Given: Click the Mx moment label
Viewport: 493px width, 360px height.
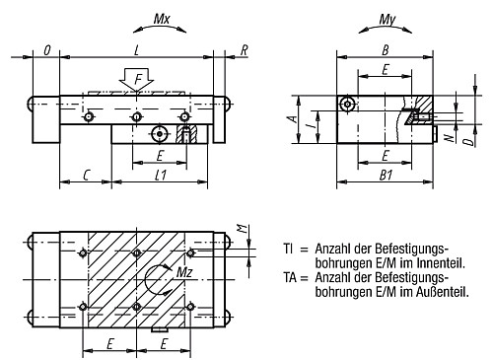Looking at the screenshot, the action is pos(162,19).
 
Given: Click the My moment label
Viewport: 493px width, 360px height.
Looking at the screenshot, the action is pos(387,20).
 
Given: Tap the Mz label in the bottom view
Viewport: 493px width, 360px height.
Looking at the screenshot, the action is pos(184,272).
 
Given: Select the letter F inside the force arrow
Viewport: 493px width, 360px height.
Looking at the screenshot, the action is pos(139,80).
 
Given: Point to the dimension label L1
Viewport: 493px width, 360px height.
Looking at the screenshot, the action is pos(161,176).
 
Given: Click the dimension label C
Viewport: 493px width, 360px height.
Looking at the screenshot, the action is pos(86,176).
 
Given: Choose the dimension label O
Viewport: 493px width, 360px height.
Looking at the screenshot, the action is pos(47,50).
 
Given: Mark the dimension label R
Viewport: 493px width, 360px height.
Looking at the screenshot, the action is pos(244,50).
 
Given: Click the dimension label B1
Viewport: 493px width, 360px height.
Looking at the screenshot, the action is pos(387,176).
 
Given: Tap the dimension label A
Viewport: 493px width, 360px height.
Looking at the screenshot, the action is pos(294,118).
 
